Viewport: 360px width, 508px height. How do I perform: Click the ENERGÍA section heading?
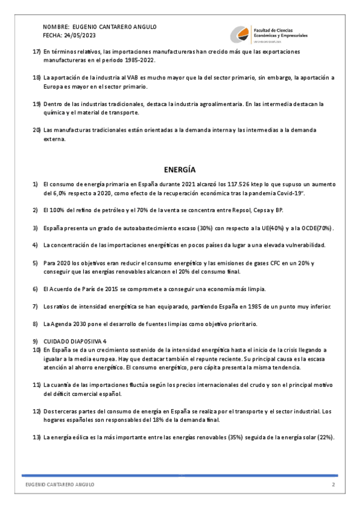[180, 170]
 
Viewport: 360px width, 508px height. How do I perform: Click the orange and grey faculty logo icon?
[241, 34]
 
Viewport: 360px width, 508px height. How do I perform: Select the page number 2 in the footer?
[334, 484]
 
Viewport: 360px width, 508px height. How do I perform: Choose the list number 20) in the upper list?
[36, 130]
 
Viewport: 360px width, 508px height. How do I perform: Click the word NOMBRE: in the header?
[55, 28]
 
